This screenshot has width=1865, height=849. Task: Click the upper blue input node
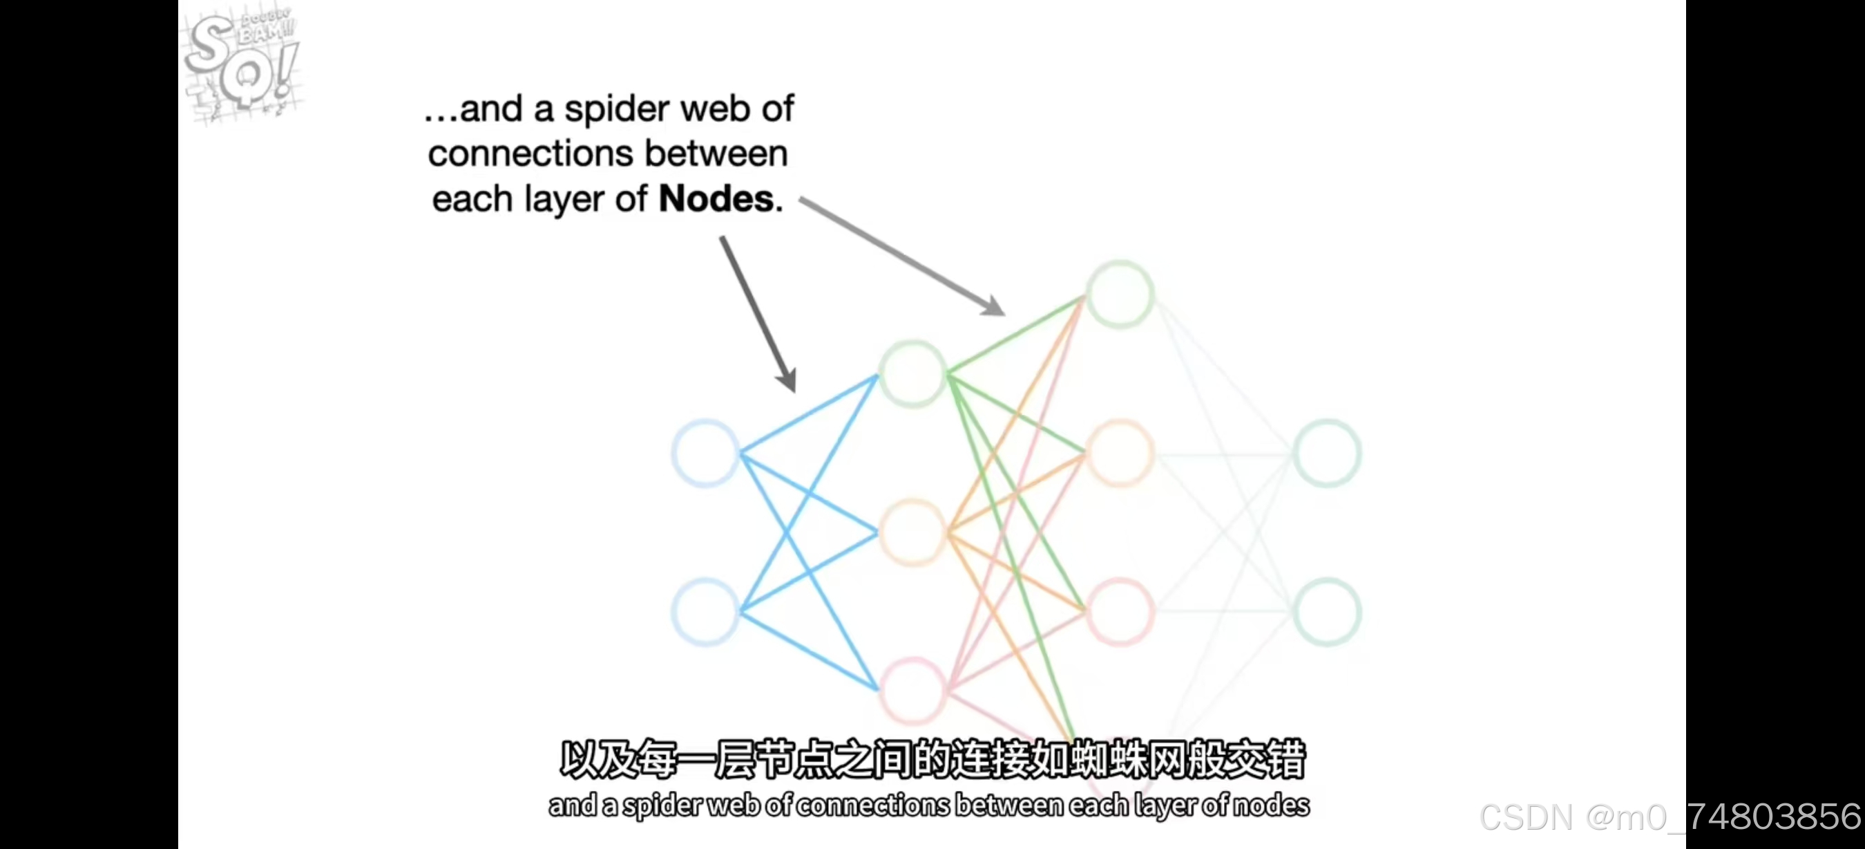coord(705,453)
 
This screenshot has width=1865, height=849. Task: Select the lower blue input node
coord(705,611)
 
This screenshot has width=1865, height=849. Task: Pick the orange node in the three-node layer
coord(913,532)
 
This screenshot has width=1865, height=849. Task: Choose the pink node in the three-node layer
coord(913,691)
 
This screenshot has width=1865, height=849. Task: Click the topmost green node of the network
coord(1120,294)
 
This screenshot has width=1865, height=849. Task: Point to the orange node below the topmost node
coord(1120,453)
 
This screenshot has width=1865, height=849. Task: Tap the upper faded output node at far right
coord(1327,453)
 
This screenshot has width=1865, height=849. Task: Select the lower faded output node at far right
coord(1327,611)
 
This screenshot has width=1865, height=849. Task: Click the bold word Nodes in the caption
coord(716,198)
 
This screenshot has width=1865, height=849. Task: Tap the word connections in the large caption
coord(530,153)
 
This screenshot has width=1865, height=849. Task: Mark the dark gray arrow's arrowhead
coord(787,380)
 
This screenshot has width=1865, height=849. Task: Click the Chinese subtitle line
coord(932,758)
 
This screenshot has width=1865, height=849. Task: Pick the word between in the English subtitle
coord(1009,805)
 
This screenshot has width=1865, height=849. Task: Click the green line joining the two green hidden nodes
coord(1017,334)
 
